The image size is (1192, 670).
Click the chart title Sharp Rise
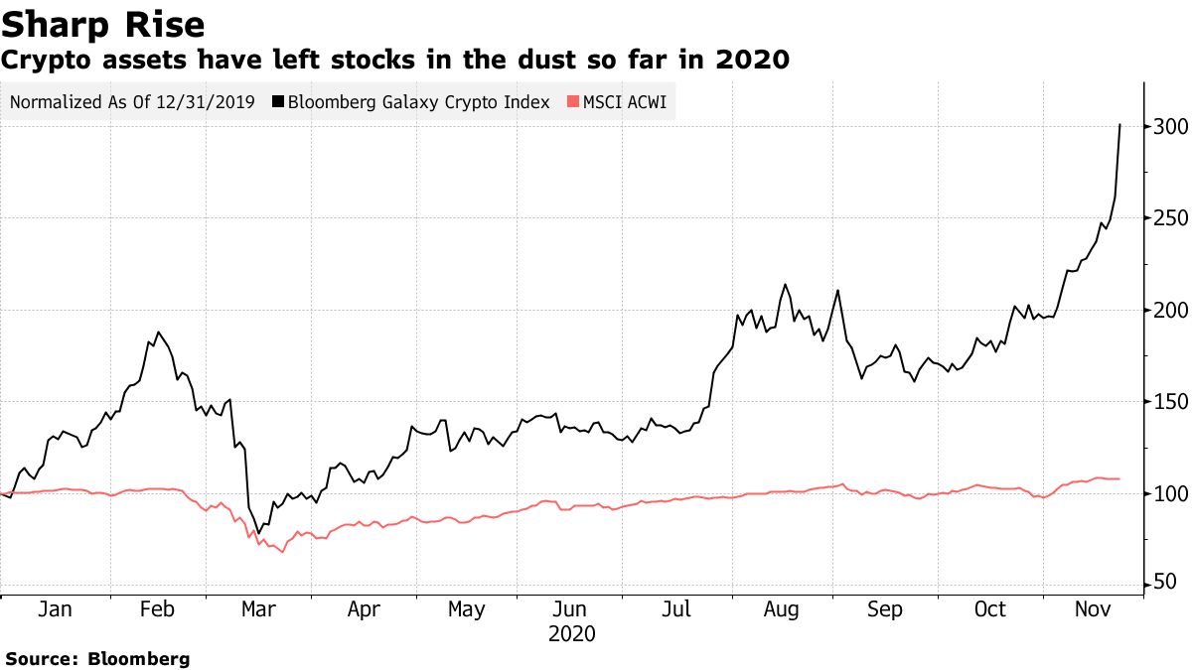[x=103, y=24]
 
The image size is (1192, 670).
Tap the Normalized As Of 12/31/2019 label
[x=132, y=102]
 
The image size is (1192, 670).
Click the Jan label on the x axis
[x=54, y=609]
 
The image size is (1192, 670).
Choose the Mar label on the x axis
[x=258, y=609]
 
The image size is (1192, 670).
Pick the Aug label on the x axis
[x=782, y=609]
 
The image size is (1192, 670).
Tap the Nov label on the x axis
[x=1092, y=609]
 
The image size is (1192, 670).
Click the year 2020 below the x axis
[x=571, y=633]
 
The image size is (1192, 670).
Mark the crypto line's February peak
[x=158, y=333]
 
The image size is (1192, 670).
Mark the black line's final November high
[x=1120, y=125]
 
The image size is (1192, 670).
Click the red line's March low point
[x=282, y=552]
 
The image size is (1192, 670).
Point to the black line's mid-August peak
[x=785, y=285]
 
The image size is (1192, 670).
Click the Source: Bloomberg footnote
[x=97, y=658]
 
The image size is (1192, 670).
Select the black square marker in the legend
[x=278, y=102]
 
